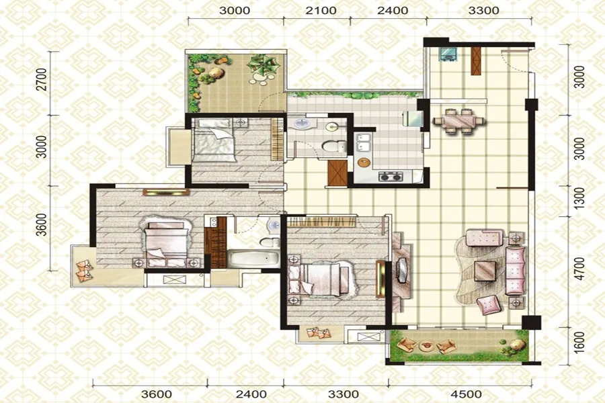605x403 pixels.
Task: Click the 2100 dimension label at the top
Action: click(321, 11)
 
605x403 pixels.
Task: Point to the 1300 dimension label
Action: click(579, 199)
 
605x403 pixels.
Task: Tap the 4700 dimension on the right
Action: click(579, 269)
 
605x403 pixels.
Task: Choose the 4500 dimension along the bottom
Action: click(466, 394)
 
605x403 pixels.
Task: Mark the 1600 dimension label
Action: click(579, 342)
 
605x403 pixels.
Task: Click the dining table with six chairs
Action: click(458, 121)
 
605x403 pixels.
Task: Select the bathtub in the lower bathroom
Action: click(253, 259)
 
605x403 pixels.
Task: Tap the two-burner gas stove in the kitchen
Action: click(391, 177)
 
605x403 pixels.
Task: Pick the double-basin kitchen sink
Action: click(363, 142)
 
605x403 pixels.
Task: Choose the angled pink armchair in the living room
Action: click(489, 304)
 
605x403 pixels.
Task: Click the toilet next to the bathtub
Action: click(270, 242)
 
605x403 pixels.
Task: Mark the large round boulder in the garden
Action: click(216, 73)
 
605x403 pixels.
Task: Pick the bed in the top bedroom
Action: click(214, 140)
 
